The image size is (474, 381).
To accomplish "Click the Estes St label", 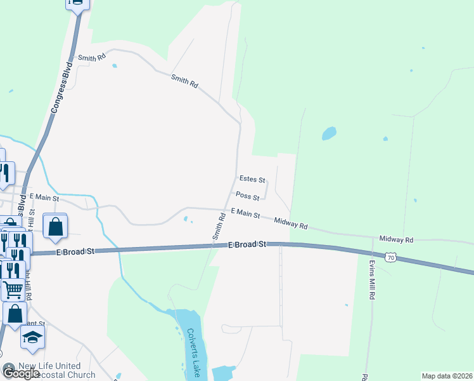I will tap(252, 180).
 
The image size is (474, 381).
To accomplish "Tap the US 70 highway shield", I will tap(394, 257).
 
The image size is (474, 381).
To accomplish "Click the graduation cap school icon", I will tap(32, 338).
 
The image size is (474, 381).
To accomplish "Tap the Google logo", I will tap(21, 373).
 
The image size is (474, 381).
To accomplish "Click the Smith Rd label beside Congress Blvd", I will tap(92, 58).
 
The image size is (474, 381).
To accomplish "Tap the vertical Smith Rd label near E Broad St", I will tap(219, 226).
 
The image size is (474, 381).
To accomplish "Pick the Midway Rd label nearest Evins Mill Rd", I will tap(396, 239).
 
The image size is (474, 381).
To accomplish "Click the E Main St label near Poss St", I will tap(245, 213).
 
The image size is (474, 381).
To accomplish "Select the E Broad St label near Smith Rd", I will tap(248, 244).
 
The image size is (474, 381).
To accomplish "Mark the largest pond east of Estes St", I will tap(329, 133).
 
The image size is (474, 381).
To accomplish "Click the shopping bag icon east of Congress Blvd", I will tap(56, 227).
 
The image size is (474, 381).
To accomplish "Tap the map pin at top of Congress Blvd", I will tap(77, 3).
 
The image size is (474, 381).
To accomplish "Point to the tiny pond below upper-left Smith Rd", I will tap(114, 65).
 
